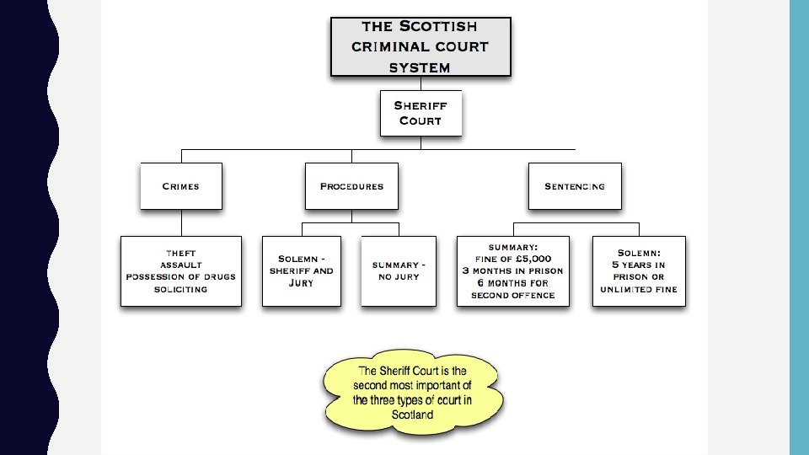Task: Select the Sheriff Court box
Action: click(421, 113)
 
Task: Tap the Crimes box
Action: click(181, 186)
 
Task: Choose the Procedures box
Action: click(351, 186)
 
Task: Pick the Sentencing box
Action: click(575, 186)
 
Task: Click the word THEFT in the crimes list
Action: click(181, 253)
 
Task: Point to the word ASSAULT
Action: click(181, 265)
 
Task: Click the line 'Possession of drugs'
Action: click(181, 276)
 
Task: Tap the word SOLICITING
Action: click(181, 289)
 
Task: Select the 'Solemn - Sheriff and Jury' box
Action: click(302, 270)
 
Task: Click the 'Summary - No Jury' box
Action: click(399, 270)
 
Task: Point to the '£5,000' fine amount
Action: click(533, 259)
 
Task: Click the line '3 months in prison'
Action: click(512, 270)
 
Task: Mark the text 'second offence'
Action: click(512, 295)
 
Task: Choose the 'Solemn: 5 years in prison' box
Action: click(639, 270)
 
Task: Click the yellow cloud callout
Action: click(413, 393)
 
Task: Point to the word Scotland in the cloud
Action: click(413, 415)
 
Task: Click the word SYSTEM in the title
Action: click(420, 67)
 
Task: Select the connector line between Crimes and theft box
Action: click(181, 223)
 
